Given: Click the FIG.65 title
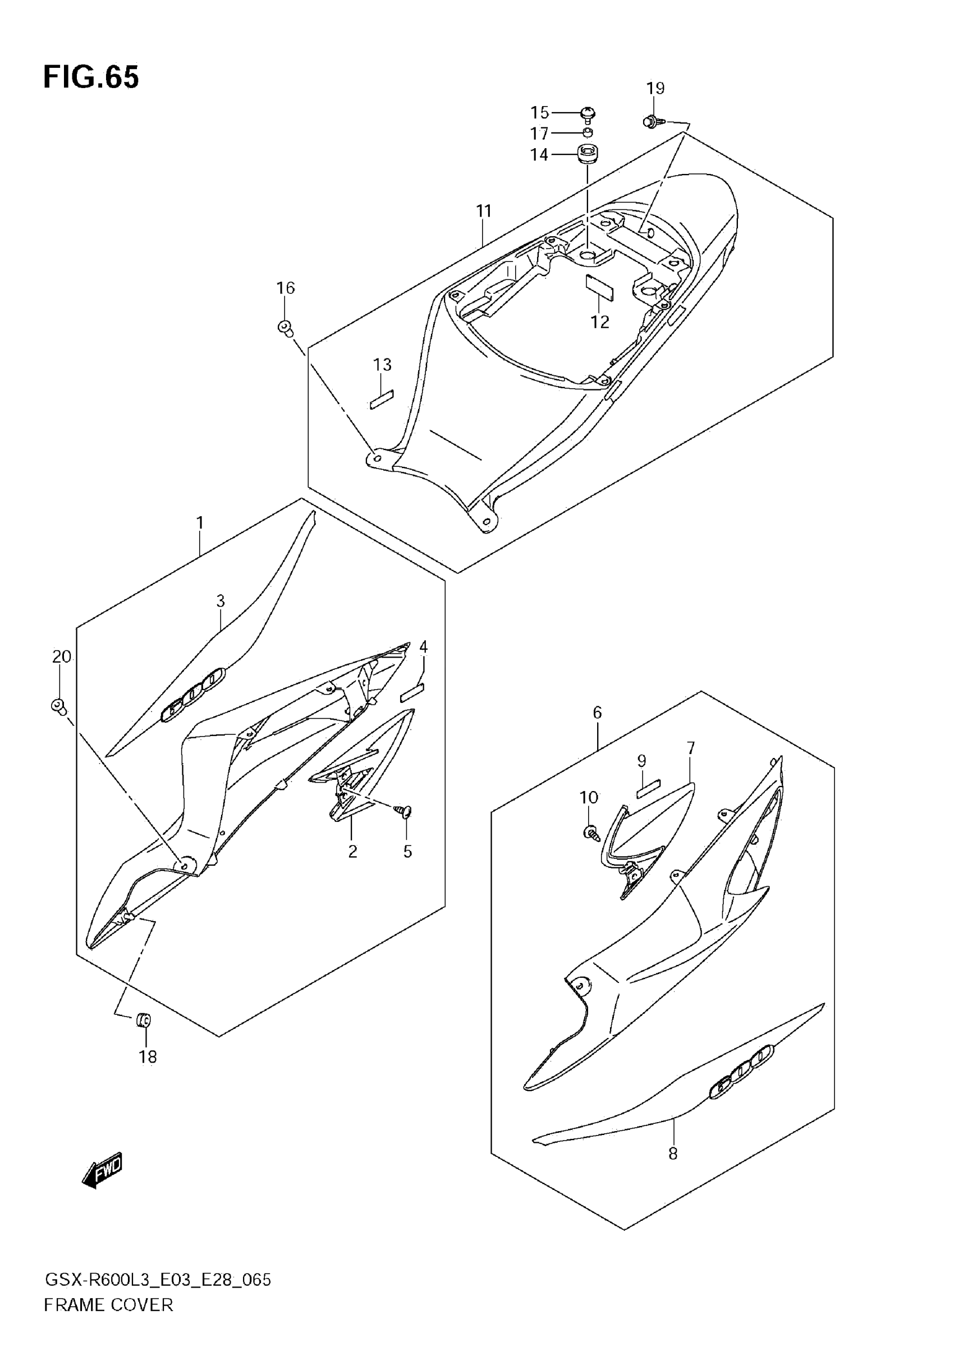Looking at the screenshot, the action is [91, 77].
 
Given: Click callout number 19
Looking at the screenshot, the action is [655, 88].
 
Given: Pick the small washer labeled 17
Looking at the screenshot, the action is [588, 133].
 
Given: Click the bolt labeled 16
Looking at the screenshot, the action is [286, 327].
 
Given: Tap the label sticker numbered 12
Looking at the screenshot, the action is [599, 287].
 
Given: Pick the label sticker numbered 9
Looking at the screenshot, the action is [648, 787].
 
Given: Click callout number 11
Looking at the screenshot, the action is [484, 210].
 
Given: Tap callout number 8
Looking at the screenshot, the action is [673, 1154].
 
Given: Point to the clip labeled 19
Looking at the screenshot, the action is [651, 122].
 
